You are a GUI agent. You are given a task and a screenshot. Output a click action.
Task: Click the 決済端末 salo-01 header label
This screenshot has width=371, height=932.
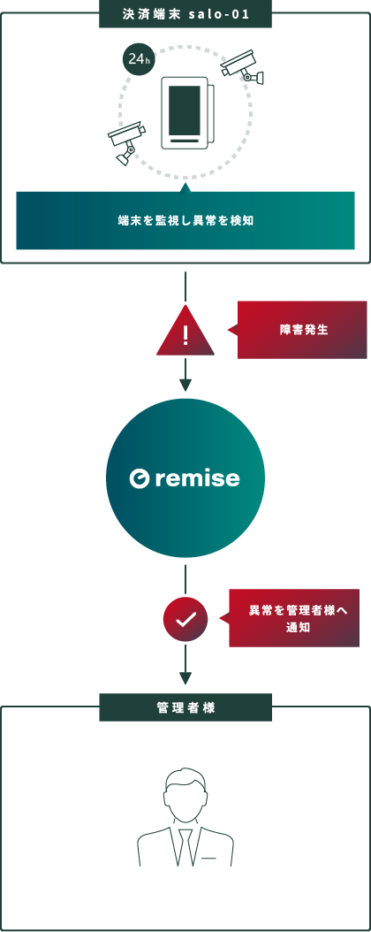[185, 14]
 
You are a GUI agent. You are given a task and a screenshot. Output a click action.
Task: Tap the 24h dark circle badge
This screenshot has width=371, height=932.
[136, 59]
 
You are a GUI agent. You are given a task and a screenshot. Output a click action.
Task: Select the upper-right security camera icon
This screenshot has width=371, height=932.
[242, 66]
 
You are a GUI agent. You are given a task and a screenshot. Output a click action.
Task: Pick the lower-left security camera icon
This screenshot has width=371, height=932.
[126, 142]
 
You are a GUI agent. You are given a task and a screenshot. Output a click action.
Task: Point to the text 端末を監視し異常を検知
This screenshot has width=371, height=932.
[185, 220]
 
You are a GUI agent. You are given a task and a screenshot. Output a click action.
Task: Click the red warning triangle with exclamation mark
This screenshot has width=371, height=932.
[185, 332]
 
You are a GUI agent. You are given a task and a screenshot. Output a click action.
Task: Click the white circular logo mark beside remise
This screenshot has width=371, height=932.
[140, 478]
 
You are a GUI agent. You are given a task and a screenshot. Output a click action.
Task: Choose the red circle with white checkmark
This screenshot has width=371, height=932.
[185, 619]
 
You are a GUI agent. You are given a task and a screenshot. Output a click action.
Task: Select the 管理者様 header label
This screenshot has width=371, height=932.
[185, 707]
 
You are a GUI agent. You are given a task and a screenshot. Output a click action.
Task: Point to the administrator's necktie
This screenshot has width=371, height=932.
[185, 848]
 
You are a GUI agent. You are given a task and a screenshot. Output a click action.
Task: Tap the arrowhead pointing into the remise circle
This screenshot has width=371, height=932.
[185, 386]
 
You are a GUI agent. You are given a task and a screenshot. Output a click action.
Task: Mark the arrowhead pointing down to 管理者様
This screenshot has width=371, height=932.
[185, 678]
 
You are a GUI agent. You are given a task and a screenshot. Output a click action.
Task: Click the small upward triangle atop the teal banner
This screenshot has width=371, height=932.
[185, 187]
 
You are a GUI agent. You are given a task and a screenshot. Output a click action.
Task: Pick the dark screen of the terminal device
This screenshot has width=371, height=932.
[185, 110]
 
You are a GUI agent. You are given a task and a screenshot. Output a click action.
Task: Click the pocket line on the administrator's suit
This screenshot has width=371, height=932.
[209, 859]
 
